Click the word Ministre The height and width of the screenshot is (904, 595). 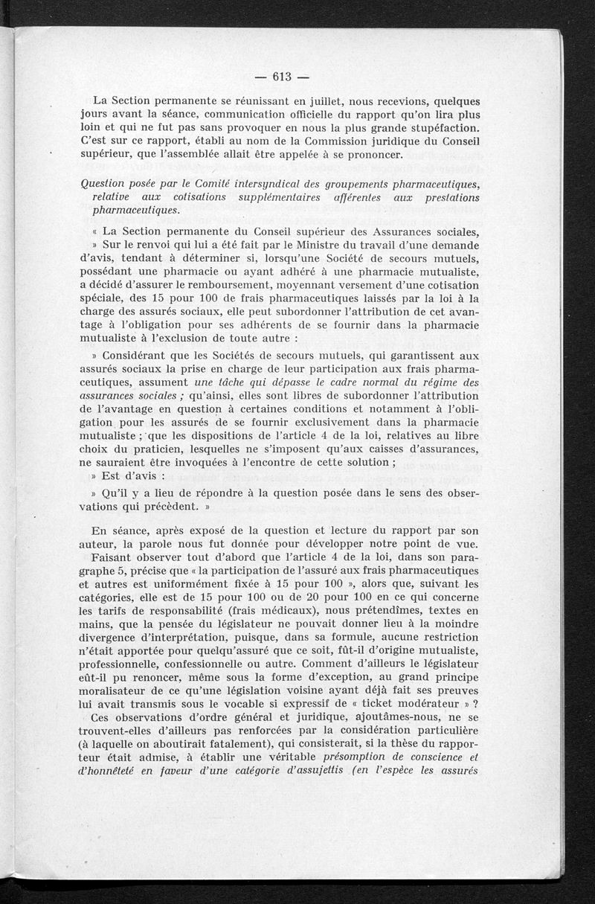coord(321,244)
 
